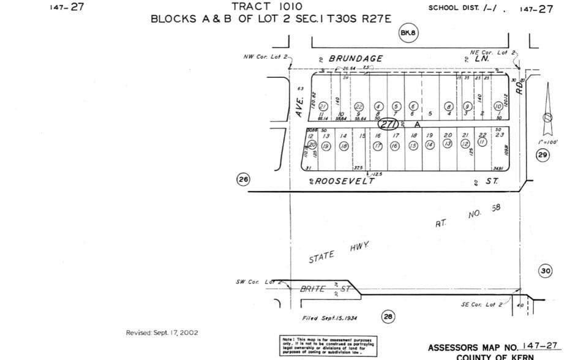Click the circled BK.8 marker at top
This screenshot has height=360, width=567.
pos(408,33)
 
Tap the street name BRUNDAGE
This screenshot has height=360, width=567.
pos(356,58)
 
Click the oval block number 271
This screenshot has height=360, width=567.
pos(389,124)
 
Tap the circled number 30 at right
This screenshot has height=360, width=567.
pos(546,271)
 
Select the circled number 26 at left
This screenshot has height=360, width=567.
pos(244,179)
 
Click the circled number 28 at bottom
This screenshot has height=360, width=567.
pos(388,316)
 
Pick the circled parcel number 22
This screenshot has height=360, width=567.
pos(359,107)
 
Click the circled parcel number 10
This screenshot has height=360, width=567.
pos(498,107)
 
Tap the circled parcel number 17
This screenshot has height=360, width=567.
pos(378,146)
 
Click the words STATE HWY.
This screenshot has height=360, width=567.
pos(339,253)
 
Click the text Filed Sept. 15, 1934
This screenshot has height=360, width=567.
pos(330,318)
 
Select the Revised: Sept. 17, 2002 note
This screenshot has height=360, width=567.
pos(162,332)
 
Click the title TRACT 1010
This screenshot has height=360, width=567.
pos(267,6)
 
